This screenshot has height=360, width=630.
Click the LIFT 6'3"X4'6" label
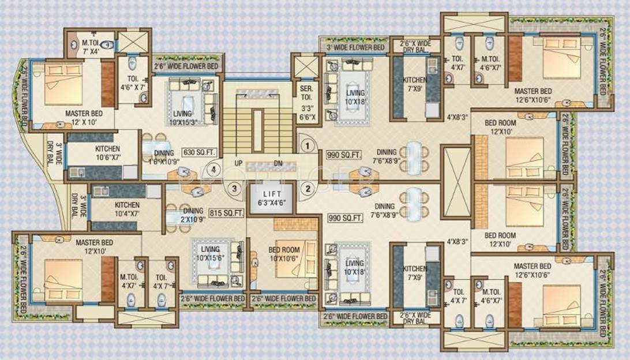(x=270, y=198)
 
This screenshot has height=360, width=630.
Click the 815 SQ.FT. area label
(x=224, y=212)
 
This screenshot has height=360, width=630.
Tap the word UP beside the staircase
(x=238, y=163)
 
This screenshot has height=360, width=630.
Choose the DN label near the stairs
(x=277, y=163)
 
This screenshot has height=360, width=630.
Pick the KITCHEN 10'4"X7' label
(x=127, y=209)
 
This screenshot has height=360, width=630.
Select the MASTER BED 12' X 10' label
(x=84, y=118)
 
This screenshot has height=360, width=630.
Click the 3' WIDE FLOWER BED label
(x=355, y=47)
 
